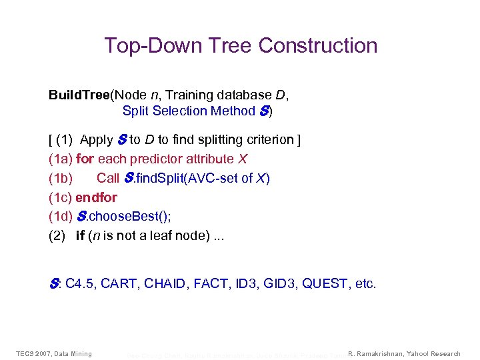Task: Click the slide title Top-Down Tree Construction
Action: pos(241,45)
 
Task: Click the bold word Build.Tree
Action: pos(79,95)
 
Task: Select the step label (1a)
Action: pos(61,159)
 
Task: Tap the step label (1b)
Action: pos(61,178)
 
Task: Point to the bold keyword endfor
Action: pos(97,197)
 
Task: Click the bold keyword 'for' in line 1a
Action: pos(85,159)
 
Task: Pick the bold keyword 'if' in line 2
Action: pos(80,236)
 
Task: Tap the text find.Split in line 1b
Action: pos(155,178)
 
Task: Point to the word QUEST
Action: pos(326,284)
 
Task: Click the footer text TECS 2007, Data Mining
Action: pos(54,353)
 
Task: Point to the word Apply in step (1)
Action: pos(97,140)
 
